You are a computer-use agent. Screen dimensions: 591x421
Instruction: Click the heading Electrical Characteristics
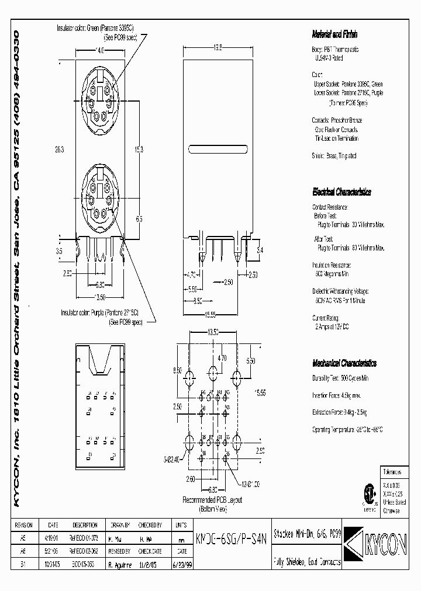pyautogui.click(x=341, y=192)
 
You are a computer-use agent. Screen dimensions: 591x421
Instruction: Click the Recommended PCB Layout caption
pyautogui.click(x=212, y=500)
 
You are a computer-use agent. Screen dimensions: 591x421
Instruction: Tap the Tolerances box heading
pyautogui.click(x=392, y=471)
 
